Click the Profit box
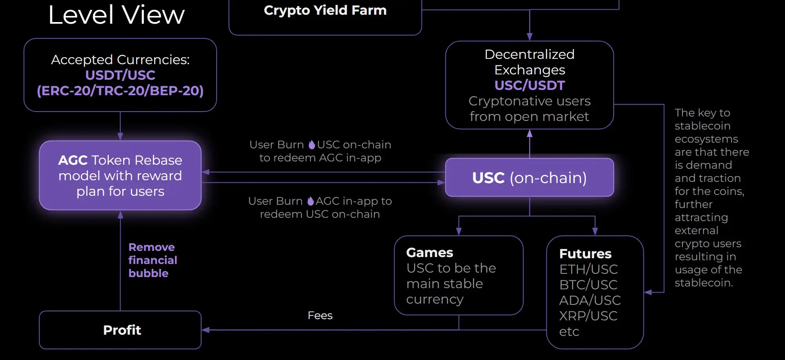(x=120, y=330)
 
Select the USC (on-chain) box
(x=529, y=177)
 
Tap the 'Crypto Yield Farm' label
(x=325, y=10)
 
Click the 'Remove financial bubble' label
(x=153, y=260)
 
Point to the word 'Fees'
(x=320, y=315)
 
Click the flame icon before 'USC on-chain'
(x=312, y=145)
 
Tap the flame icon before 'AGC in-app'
(x=311, y=201)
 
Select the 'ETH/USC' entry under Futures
(x=588, y=269)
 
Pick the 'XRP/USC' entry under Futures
(x=588, y=316)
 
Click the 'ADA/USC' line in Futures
(x=590, y=300)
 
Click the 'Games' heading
(x=430, y=253)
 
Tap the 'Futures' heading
(x=585, y=254)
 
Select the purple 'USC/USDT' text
(x=529, y=85)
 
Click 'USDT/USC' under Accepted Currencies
(x=120, y=75)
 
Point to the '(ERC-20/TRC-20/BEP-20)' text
(x=120, y=91)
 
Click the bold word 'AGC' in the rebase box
(x=73, y=160)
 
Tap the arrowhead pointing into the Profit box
(x=206, y=330)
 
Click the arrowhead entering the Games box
(x=459, y=231)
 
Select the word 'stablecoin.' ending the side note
(x=704, y=283)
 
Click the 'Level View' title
(x=117, y=15)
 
